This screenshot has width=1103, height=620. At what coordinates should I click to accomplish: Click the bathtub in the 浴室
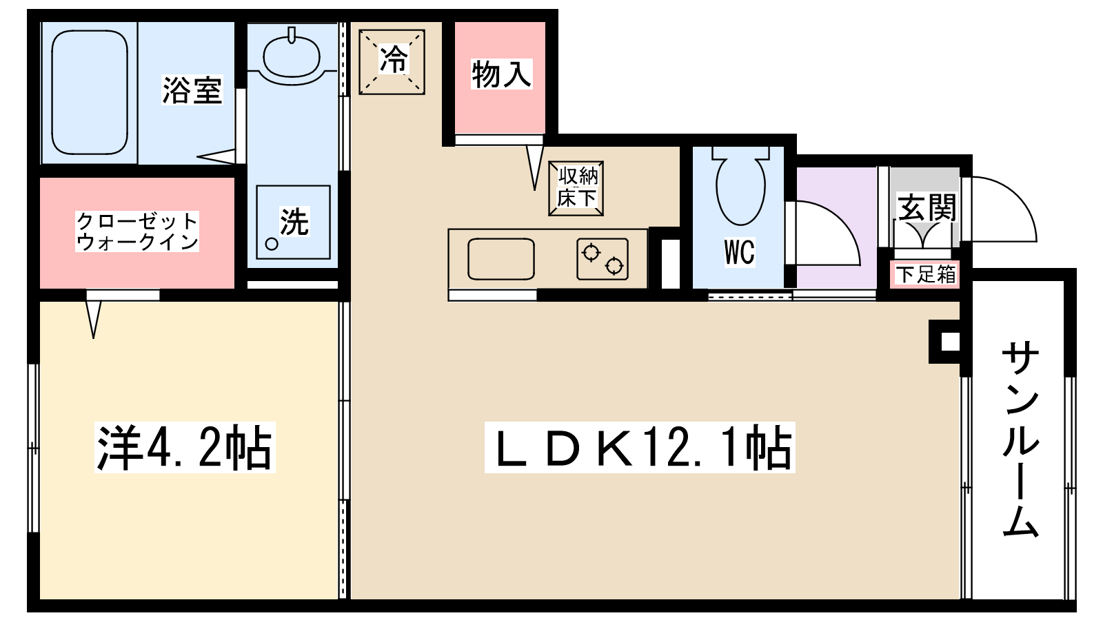coord(90,92)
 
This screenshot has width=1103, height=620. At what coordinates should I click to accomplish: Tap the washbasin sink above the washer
coord(292,56)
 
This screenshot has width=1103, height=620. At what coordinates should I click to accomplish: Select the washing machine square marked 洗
coord(294,222)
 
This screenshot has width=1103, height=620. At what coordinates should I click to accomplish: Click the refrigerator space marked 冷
coord(392,62)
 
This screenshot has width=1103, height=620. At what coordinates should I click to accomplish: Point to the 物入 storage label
coord(501,75)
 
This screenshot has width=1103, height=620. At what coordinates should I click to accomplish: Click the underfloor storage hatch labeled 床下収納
coord(576,189)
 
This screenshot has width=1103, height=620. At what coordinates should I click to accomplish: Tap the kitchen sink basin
coord(501,259)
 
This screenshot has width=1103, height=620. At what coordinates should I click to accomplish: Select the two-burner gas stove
coord(603,259)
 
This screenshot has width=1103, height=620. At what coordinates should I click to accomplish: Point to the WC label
coord(740,252)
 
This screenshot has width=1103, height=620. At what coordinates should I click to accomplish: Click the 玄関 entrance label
coord(927,207)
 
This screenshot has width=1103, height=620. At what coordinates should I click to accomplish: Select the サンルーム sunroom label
coord(1020,440)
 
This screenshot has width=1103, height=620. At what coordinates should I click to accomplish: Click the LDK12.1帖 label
coord(640,448)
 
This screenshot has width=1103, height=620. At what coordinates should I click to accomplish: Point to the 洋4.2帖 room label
coord(185,448)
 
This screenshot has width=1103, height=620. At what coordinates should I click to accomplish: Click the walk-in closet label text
coord(137,231)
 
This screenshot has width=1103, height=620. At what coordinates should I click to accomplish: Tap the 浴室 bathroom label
coord(192,90)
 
